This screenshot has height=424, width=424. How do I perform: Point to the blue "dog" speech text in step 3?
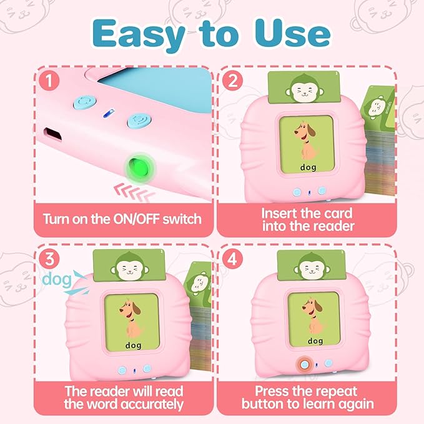tap(56, 279)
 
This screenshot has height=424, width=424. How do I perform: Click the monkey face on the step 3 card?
tap(131, 269)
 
